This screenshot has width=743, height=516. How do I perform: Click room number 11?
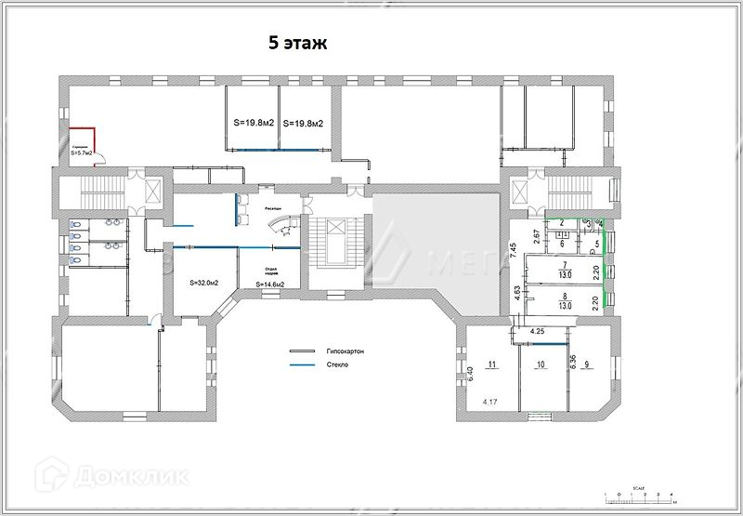pyautogui.click(x=493, y=364)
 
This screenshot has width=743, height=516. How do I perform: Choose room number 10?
pyautogui.click(x=540, y=364)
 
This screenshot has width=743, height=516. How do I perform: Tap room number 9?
pyautogui.click(x=587, y=364)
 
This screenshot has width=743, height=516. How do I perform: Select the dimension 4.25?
pyautogui.click(x=537, y=331)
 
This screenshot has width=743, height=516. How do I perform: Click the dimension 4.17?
pyautogui.click(x=490, y=403)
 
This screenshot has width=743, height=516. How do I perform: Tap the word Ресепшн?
pyautogui.click(x=272, y=209)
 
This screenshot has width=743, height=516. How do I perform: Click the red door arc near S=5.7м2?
pyautogui.click(x=103, y=157)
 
